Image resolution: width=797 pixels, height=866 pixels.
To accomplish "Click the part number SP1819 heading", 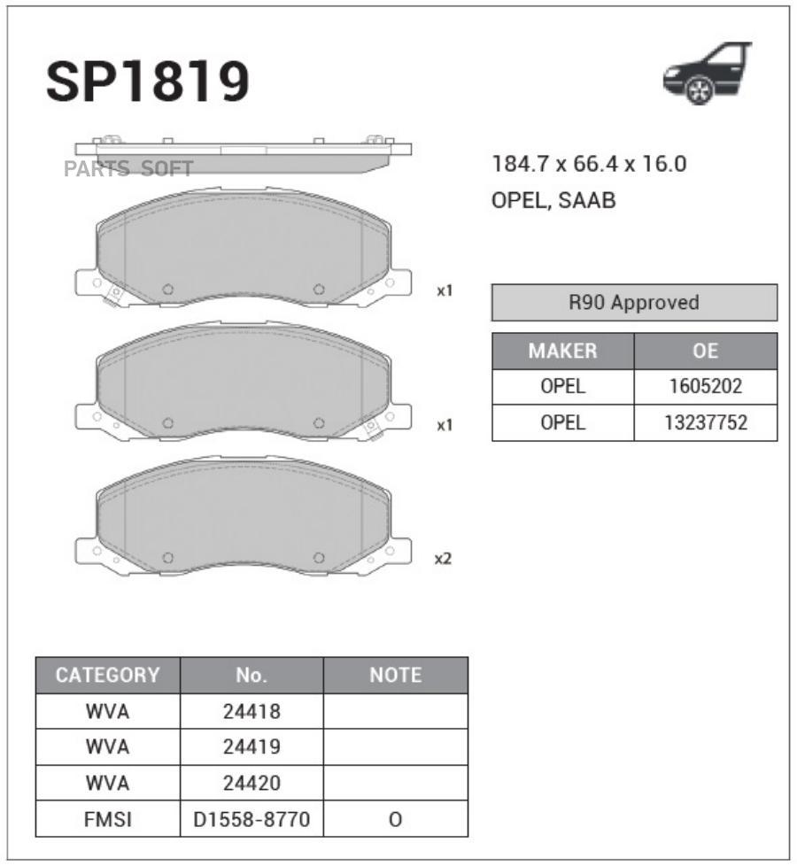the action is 148,81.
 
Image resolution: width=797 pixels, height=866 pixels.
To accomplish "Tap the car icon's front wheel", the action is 699,90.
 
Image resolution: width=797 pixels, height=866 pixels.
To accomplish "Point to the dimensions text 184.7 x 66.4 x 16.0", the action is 589,164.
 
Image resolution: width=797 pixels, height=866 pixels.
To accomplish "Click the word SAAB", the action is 586,200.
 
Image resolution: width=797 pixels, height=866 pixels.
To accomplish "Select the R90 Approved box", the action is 634,303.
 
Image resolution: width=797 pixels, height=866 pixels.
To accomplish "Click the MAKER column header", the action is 563,351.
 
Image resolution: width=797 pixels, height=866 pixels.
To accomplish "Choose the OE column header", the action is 705,351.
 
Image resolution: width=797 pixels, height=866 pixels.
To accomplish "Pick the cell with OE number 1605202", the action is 705,387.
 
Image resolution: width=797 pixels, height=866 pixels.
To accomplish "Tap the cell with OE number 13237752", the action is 705,422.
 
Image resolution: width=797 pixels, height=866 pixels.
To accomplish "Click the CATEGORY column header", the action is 108,675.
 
